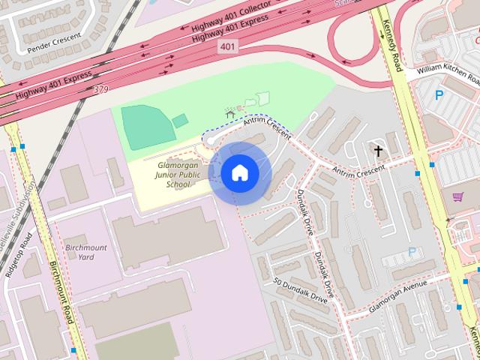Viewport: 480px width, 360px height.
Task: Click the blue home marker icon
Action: click(239, 173)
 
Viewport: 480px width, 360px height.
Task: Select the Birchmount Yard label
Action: click(85, 252)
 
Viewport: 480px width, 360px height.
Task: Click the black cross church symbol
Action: click(379, 151)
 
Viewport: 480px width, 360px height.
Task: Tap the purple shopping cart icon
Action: click(457, 196)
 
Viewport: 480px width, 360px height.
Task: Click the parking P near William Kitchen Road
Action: click(439, 95)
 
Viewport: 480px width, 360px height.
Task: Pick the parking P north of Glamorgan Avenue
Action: click(410, 252)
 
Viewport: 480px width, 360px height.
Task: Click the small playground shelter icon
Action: click(229, 113)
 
